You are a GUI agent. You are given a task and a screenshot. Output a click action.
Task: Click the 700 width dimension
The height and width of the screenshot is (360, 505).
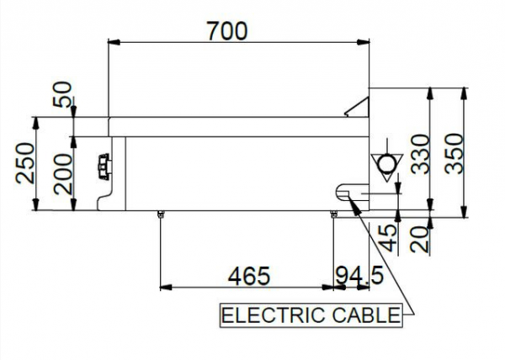pos(226,31)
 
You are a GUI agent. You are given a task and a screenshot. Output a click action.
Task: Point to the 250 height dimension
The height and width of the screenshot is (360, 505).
pos(24,163)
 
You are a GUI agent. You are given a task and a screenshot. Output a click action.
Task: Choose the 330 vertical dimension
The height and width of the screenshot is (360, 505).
pos(419,152)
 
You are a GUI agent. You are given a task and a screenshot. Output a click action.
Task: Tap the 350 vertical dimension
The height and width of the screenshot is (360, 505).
pos(454,152)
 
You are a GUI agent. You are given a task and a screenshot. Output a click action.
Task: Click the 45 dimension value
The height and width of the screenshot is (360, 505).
pos(388,235)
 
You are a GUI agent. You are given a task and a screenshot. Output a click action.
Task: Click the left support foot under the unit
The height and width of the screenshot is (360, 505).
pos(159,214)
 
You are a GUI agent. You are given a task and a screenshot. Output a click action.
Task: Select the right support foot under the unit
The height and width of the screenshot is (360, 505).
pos(335,214)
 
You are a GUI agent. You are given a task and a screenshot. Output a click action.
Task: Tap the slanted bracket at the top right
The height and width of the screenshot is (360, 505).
pos(359,108)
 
